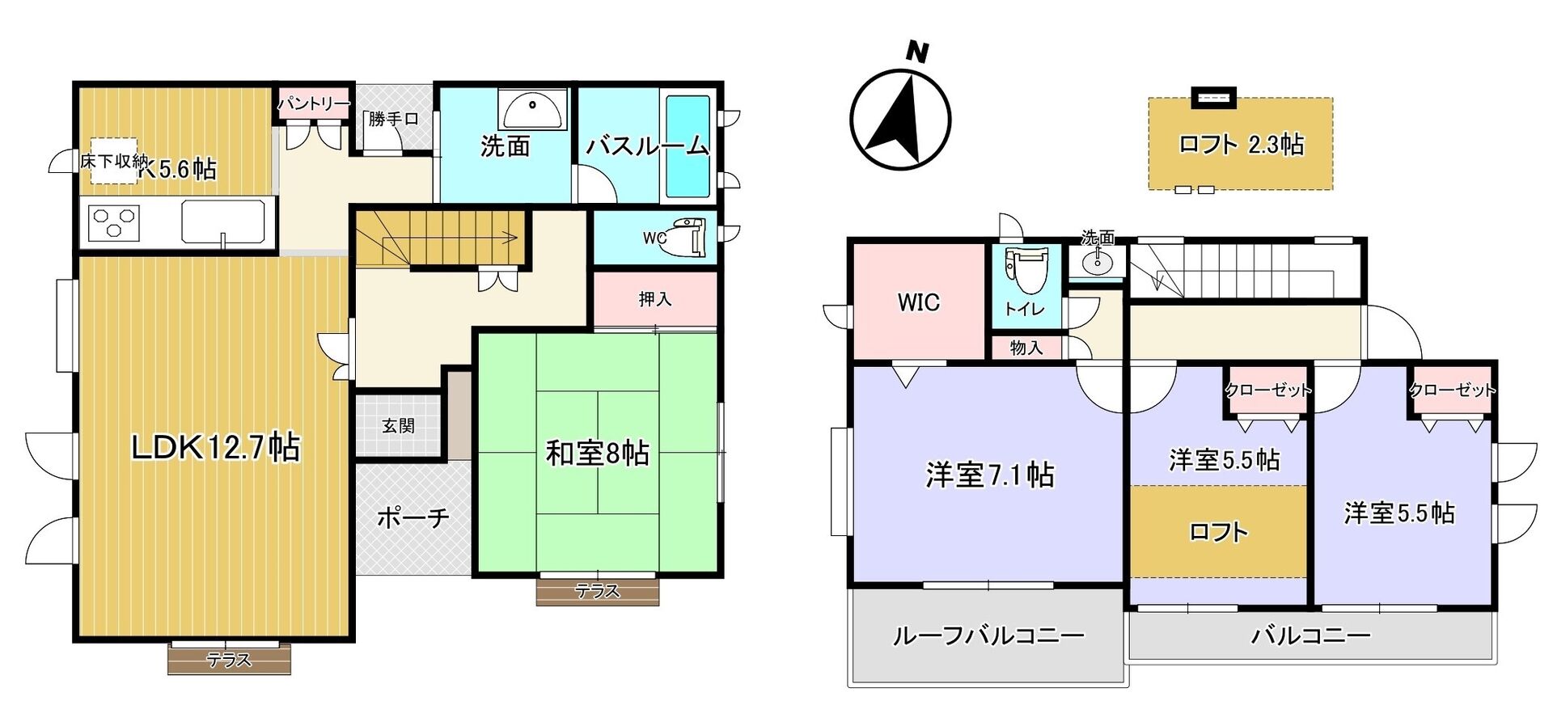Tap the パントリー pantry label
(x=314, y=104)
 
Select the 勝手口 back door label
(x=393, y=119)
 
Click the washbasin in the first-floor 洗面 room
(x=531, y=109)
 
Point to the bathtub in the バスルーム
(x=687, y=147)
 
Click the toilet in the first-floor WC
(x=685, y=236)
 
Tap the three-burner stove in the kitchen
(x=114, y=222)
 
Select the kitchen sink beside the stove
(x=223, y=222)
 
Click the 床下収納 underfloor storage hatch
(x=113, y=160)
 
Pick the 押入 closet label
(x=655, y=299)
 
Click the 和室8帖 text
(x=598, y=454)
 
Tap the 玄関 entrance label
(x=398, y=425)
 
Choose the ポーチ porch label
(x=413, y=517)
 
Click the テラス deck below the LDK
(x=230, y=658)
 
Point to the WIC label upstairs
(x=919, y=302)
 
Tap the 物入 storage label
(x=1026, y=348)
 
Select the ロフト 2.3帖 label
(x=1241, y=144)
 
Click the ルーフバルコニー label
(x=988, y=635)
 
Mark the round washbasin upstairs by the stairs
(x=1097, y=262)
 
